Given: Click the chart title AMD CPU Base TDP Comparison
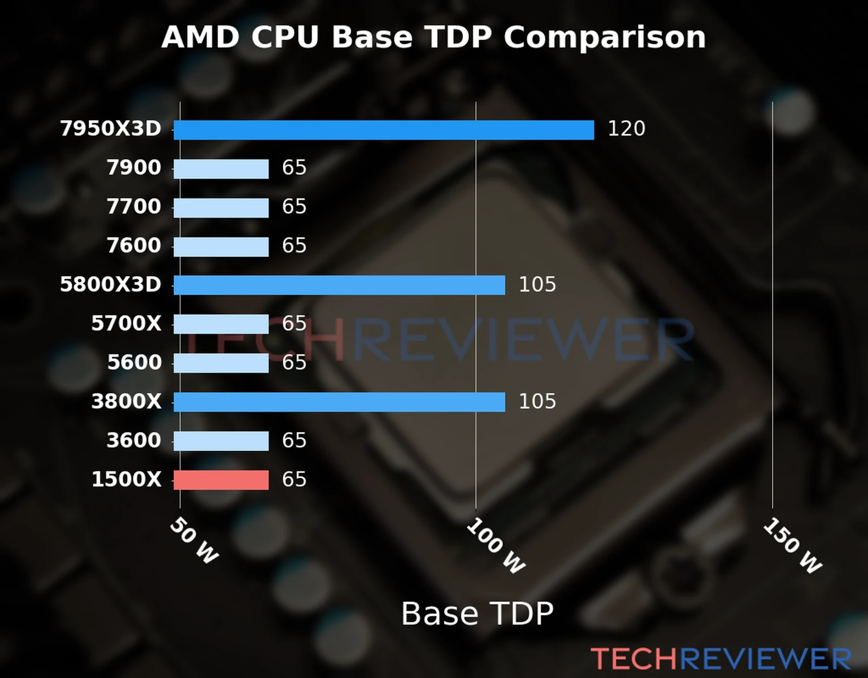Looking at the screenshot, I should (x=433, y=38).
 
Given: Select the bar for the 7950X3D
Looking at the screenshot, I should (x=384, y=130).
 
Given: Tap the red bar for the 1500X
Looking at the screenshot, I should (x=221, y=480).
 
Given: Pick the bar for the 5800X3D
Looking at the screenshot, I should (x=339, y=285).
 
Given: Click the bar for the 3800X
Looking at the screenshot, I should (x=339, y=402).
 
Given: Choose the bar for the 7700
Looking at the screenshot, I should (x=221, y=208).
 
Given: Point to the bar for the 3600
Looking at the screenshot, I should (x=221, y=441).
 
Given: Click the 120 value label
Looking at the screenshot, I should (x=626, y=129).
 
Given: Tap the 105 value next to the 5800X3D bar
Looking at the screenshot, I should (x=537, y=285).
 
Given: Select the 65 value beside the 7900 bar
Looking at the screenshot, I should (x=294, y=168).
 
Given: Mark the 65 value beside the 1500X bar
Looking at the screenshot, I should (x=294, y=480).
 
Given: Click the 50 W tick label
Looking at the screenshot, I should (x=194, y=541).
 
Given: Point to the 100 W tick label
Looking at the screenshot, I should (x=496, y=546).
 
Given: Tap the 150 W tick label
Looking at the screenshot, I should (x=792, y=546).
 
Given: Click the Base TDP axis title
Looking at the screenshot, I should (x=477, y=614).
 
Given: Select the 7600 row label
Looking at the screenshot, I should (x=134, y=246).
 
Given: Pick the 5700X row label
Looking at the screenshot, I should (x=126, y=324).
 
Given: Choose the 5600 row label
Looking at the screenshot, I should (x=134, y=363).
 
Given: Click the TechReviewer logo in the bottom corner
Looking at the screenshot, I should (x=721, y=659).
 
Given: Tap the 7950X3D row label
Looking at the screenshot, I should (x=111, y=129).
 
